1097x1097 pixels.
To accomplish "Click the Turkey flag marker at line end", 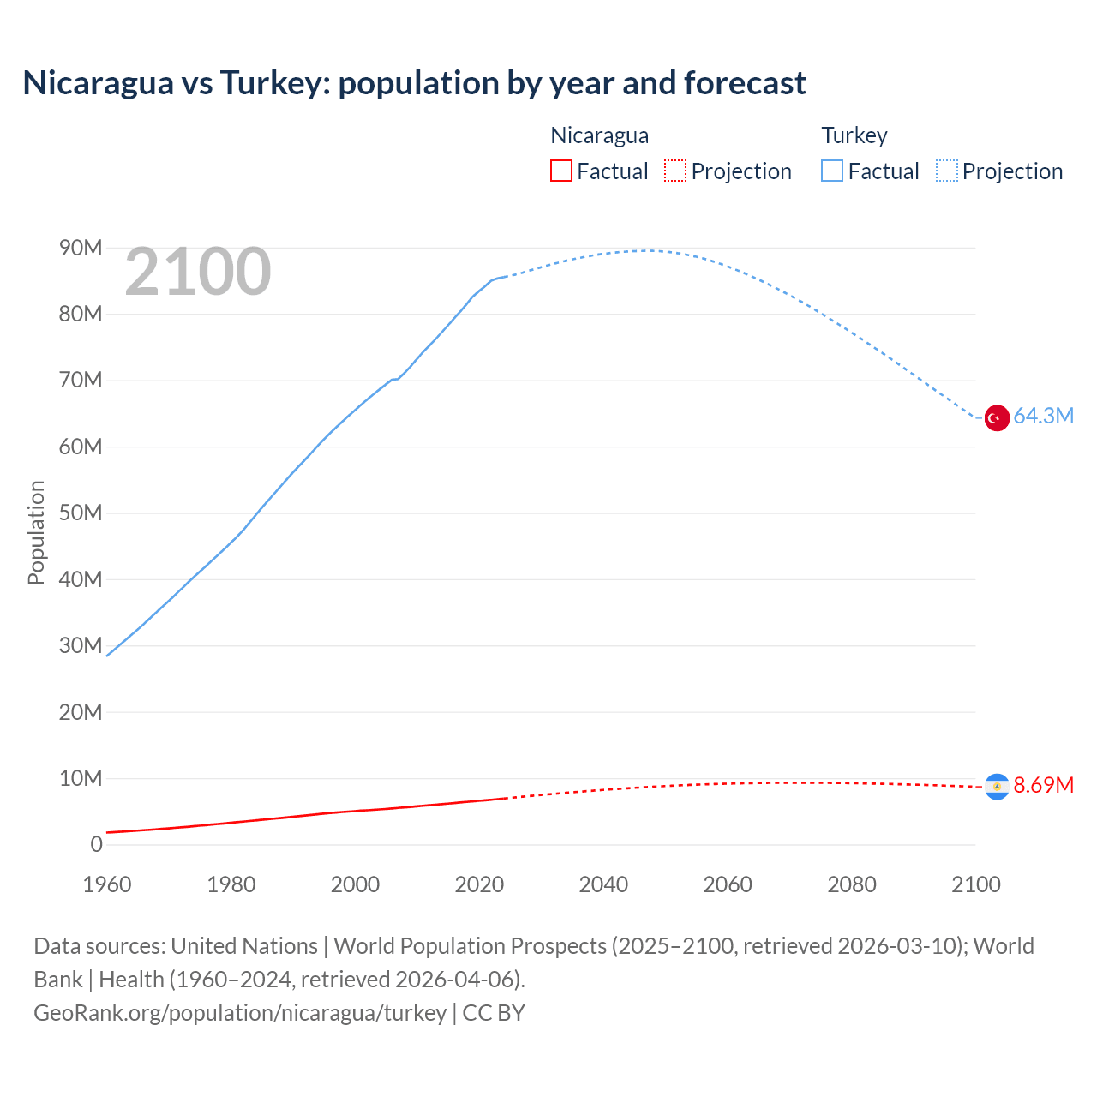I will [x=997, y=417].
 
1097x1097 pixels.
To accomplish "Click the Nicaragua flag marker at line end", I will [x=997, y=786].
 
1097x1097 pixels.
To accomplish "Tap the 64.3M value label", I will [x=1043, y=416].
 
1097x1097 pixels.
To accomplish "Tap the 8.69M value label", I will [x=1043, y=785].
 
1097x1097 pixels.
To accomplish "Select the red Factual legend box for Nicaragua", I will [x=560, y=171].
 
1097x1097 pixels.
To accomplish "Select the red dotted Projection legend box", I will [x=675, y=171].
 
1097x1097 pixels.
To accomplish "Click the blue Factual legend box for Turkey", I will [x=831, y=171].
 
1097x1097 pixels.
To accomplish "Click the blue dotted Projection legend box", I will [x=947, y=171].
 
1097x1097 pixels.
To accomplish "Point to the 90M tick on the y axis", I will [x=81, y=248].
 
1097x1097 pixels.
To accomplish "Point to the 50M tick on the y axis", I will [x=81, y=513].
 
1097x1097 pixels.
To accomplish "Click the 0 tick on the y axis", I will [x=96, y=844].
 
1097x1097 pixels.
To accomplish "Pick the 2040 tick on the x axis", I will [x=603, y=884].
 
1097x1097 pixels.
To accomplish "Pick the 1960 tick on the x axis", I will [x=107, y=884].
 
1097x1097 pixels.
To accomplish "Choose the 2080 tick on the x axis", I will [x=852, y=884].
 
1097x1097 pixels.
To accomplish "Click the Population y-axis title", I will [x=36, y=532].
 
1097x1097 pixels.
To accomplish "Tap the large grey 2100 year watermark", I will [x=198, y=272].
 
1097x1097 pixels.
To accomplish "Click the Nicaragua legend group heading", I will [x=599, y=135].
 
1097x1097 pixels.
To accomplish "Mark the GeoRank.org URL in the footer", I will [x=240, y=1012].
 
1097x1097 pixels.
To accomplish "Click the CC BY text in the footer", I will [x=494, y=1012].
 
